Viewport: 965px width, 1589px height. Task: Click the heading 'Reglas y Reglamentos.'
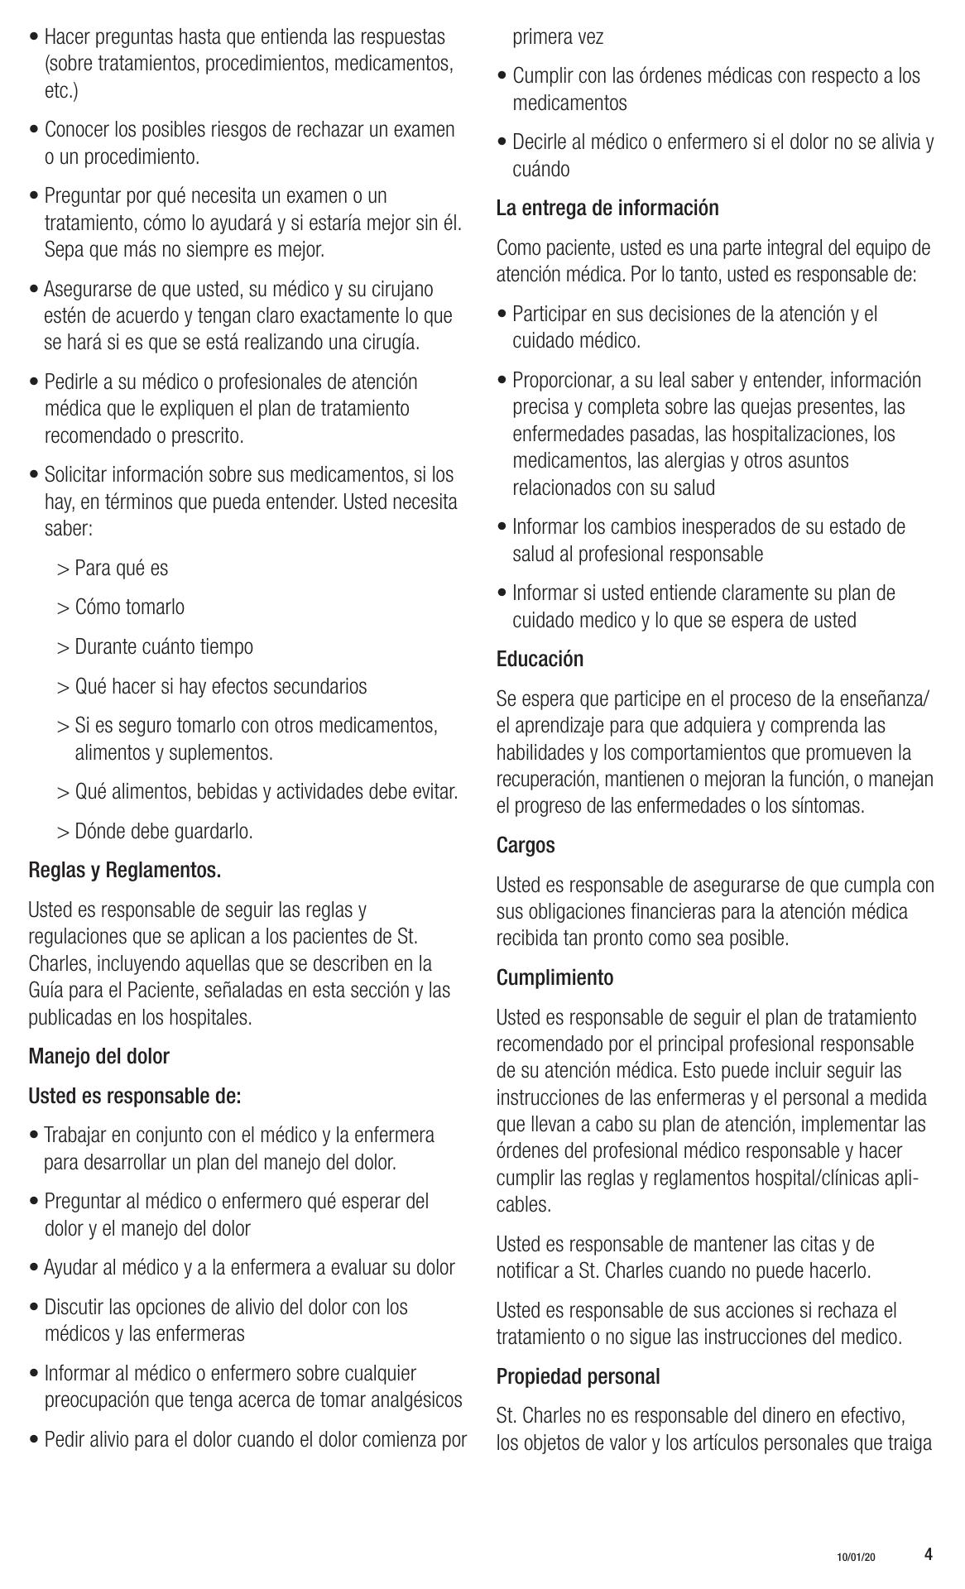[x=125, y=871]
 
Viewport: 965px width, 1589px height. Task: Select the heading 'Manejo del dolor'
[x=98, y=1057]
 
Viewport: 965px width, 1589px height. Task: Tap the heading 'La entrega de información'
[x=607, y=209]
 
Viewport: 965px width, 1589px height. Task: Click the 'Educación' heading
[x=540, y=660]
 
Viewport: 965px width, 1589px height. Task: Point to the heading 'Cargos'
[x=526, y=846]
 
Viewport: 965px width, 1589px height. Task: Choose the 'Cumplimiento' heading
[x=555, y=978]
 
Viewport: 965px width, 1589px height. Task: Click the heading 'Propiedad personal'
[x=578, y=1377]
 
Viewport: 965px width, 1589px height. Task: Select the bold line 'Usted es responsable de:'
[x=135, y=1097]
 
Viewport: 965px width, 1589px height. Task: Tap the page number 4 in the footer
[x=929, y=1553]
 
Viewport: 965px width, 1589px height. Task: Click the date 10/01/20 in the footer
[x=855, y=1557]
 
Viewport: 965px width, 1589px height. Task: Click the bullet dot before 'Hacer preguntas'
[x=34, y=37]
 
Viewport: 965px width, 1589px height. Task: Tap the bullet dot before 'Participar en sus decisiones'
[x=502, y=314]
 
